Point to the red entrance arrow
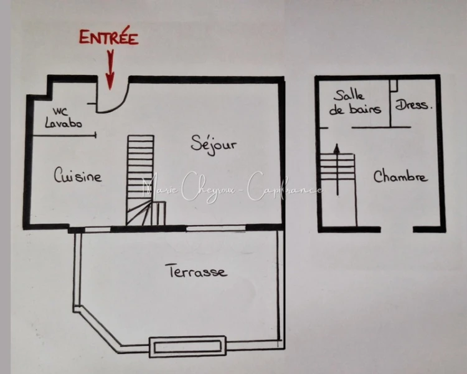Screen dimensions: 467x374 (x=110, y=70)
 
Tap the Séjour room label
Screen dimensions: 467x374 (x=214, y=145)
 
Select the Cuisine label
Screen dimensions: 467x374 (x=78, y=175)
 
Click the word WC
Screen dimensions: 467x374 (x=60, y=112)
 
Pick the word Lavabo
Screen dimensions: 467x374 (x=64, y=123)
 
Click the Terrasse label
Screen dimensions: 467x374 (x=197, y=271)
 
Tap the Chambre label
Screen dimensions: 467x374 (x=400, y=176)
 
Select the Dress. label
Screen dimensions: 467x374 (x=413, y=105)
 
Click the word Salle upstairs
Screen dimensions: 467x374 (x=349, y=95)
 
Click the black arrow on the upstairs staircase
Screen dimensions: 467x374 (x=337, y=170)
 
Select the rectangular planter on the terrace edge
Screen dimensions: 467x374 (x=187, y=347)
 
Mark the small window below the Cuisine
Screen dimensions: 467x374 (x=98, y=229)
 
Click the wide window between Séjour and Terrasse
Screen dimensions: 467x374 (x=216, y=229)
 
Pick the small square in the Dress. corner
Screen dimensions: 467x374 (x=394, y=85)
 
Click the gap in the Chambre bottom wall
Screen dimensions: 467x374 (x=397, y=229)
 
